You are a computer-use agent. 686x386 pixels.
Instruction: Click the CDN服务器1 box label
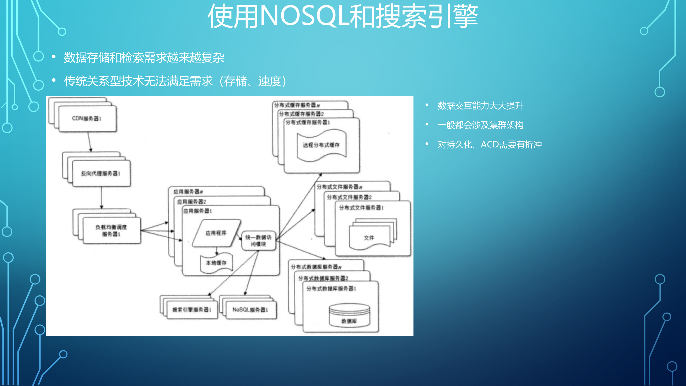(x=87, y=118)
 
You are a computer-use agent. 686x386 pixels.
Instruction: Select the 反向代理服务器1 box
(x=101, y=173)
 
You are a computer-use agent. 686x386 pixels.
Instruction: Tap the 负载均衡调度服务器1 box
(x=111, y=231)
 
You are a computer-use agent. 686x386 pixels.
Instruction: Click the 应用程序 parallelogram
(x=216, y=233)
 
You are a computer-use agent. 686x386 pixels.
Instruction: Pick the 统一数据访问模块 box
(x=258, y=240)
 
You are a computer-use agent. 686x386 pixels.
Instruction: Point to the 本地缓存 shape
(x=216, y=263)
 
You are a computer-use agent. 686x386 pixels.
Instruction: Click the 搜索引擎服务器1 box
(x=192, y=310)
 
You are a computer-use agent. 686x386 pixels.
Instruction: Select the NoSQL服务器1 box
(x=250, y=310)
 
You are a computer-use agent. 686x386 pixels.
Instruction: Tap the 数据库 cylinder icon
(x=349, y=315)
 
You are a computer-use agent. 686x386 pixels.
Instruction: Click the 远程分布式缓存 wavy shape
(x=321, y=145)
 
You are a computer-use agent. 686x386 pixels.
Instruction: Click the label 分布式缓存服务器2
(x=301, y=114)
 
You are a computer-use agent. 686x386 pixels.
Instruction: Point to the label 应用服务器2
(x=192, y=202)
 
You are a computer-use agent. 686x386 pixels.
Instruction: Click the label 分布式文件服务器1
(x=361, y=208)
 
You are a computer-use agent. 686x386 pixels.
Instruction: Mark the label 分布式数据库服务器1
(x=331, y=289)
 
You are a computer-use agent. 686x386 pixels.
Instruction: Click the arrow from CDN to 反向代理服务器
(x=90, y=142)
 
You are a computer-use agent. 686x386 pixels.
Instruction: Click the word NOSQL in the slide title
(x=304, y=16)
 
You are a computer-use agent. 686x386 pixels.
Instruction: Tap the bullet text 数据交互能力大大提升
(x=480, y=106)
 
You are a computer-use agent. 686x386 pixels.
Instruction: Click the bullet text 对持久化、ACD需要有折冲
(x=490, y=145)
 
